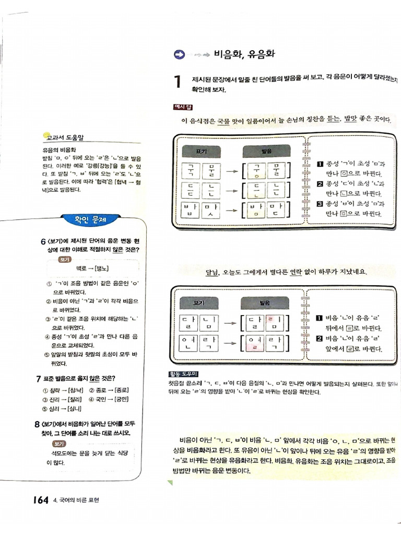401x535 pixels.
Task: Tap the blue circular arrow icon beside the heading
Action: pyautogui.click(x=179, y=54)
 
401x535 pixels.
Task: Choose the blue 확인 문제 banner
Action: pyautogui.click(x=84, y=219)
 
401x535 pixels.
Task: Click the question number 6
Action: pyautogui.click(x=43, y=241)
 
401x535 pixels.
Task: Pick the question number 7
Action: pyautogui.click(x=38, y=378)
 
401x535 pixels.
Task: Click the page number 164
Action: pyautogui.click(x=40, y=500)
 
